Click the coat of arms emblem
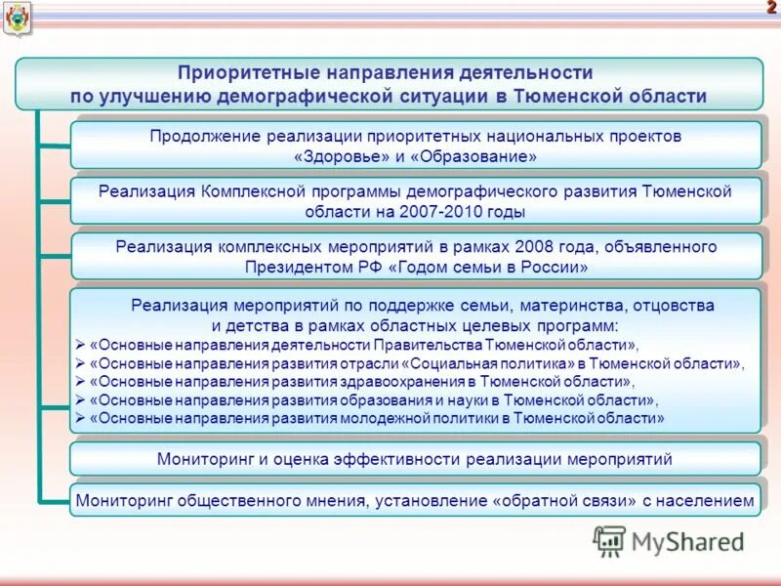tap(17, 18)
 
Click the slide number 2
tap(770, 9)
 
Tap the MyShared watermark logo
tap(669, 540)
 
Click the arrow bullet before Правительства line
tap(80, 345)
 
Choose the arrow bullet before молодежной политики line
tap(80, 418)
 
